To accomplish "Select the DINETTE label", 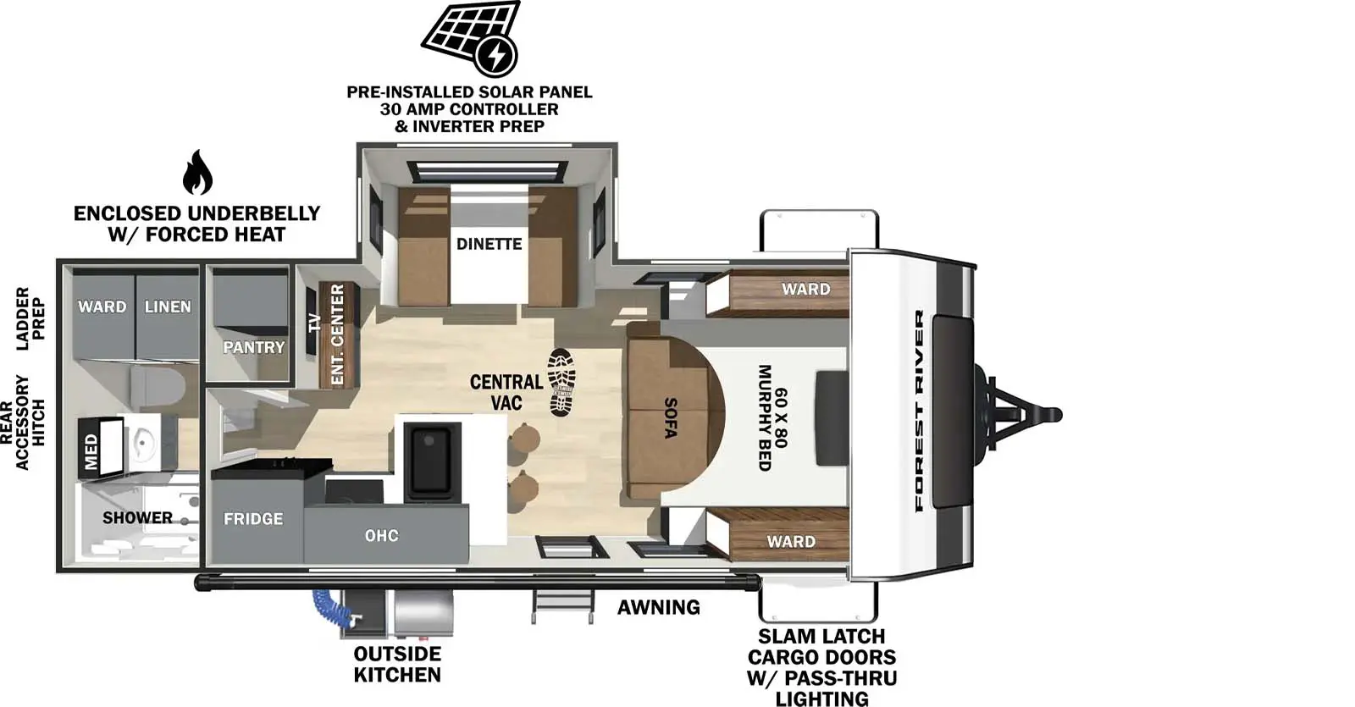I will click(489, 244).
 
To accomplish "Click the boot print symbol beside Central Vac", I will click(561, 382).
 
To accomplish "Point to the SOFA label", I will click(670, 418).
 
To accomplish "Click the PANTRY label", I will click(253, 347).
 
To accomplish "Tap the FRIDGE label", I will click(252, 519).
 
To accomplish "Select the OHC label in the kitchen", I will click(381, 536).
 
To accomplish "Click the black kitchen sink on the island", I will click(430, 461).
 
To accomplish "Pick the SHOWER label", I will click(137, 517).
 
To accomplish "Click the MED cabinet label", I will click(91, 451).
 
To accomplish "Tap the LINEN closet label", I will click(167, 307).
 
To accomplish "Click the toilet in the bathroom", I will click(158, 389).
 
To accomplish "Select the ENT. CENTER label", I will click(337, 334).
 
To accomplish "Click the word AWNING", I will click(658, 607).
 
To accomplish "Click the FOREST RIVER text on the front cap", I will click(919, 411).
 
